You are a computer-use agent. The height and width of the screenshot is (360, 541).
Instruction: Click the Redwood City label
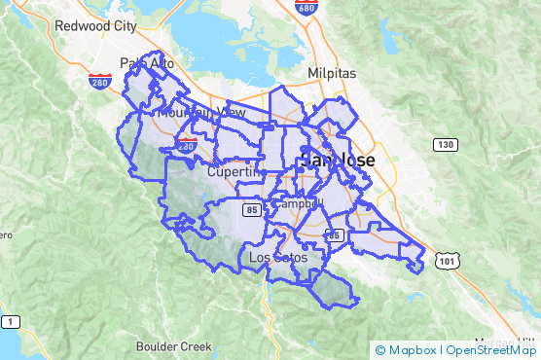point(95,26)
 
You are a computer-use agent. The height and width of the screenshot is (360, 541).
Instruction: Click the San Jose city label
point(336,160)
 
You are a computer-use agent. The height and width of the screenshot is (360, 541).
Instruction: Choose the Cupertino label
point(236,171)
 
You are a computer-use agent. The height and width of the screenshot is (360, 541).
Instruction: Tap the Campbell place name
point(297,204)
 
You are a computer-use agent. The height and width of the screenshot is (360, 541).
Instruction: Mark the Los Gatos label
point(278,258)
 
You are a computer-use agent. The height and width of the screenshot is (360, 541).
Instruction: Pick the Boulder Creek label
point(174,346)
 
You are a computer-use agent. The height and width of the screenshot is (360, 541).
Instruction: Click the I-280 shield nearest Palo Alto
point(99,84)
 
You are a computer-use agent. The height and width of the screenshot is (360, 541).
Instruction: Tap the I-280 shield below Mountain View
point(187,144)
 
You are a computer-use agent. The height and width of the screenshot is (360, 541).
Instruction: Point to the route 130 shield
point(446,145)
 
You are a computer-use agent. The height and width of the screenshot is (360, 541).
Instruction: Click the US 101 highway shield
point(448,261)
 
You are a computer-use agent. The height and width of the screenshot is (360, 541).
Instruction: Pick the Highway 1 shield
point(9,321)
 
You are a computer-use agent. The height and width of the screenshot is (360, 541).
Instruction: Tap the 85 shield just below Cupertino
point(252,209)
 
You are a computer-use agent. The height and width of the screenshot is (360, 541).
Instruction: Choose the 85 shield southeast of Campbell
point(334,234)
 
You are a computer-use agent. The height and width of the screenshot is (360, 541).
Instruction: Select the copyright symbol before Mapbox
point(380,350)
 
